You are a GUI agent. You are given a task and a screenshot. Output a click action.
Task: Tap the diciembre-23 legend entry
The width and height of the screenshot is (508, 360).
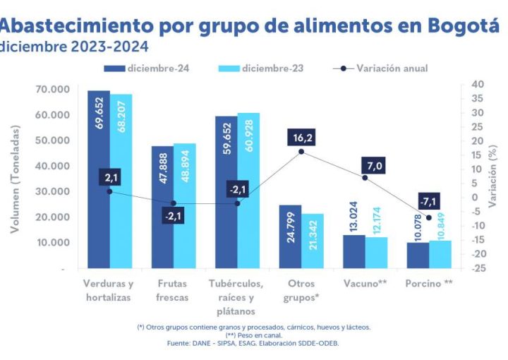[x=272, y=68]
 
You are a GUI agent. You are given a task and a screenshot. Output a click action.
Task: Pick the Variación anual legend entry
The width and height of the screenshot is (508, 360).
[x=392, y=68]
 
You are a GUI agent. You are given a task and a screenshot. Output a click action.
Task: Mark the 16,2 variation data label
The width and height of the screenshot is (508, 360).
[x=301, y=138]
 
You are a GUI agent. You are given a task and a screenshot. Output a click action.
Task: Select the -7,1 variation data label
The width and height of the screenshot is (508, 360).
[x=428, y=201]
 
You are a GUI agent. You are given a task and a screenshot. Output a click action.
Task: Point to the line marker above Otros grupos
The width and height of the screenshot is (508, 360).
[x=301, y=151]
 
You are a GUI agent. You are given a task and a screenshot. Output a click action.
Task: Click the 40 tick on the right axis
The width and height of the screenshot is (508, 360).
[x=478, y=84]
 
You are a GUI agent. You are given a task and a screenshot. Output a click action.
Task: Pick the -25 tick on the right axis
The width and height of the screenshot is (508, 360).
[x=479, y=269]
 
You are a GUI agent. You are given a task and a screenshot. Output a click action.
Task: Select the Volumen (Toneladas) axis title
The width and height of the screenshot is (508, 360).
[x=15, y=179]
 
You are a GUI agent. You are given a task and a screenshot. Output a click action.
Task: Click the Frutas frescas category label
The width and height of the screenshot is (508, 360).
[x=172, y=291]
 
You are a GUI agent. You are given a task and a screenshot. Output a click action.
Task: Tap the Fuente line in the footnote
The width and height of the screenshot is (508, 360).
[x=253, y=343]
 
